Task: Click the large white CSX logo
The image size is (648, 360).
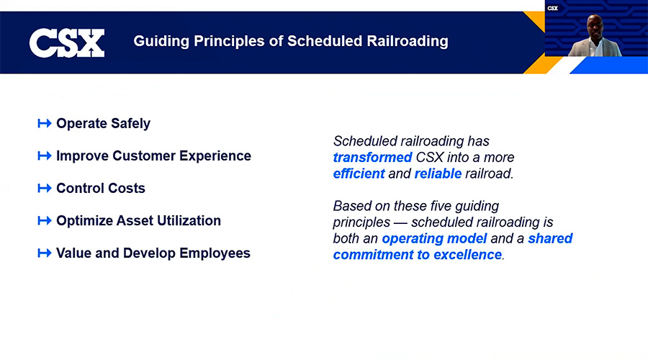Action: [x=67, y=43]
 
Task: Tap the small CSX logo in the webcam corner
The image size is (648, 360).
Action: [x=552, y=8]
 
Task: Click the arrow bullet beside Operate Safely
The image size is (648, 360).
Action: [x=45, y=123]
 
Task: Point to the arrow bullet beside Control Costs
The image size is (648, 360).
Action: [x=45, y=188]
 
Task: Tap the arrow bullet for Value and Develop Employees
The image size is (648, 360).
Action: [x=45, y=253]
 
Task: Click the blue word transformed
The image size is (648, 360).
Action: [x=373, y=158]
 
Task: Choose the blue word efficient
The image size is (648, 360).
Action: [x=359, y=174]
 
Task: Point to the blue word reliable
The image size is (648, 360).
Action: [x=438, y=174]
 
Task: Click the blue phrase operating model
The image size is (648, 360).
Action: [x=434, y=239]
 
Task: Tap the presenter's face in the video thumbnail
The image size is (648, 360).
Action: [x=595, y=26]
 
